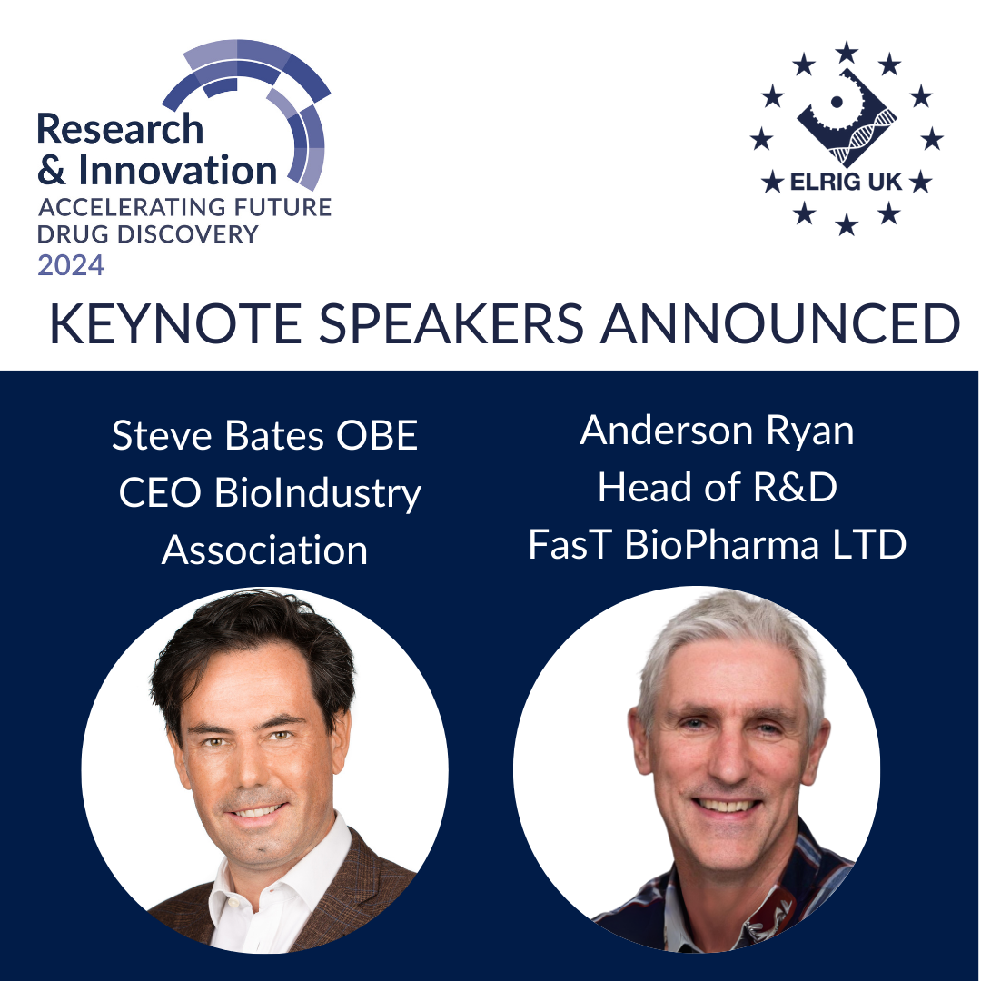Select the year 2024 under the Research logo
click(x=71, y=265)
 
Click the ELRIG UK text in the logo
click(x=845, y=182)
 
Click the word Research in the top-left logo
click(x=120, y=129)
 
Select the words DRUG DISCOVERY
click(x=148, y=234)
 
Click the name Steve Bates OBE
click(x=264, y=436)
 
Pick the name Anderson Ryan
click(x=717, y=431)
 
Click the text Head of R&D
click(x=717, y=488)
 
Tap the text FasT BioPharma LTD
click(x=717, y=545)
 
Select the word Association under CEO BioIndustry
click(x=264, y=550)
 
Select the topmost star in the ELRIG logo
click(x=847, y=52)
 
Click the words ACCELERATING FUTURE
click(x=184, y=207)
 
